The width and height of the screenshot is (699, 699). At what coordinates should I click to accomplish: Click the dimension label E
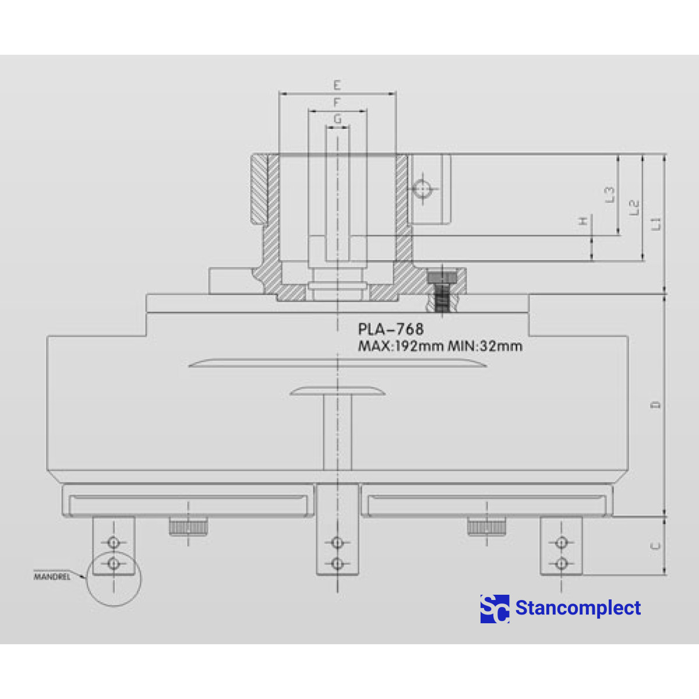(337, 85)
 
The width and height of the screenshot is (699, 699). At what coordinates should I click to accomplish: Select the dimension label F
(337, 103)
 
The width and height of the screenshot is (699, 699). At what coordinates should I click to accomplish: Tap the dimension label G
(338, 119)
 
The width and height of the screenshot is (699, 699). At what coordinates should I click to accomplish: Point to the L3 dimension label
(609, 195)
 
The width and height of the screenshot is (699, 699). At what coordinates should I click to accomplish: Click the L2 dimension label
(634, 207)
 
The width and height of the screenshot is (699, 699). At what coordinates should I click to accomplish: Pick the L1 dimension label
(656, 223)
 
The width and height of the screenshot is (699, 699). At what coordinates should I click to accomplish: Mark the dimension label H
(583, 221)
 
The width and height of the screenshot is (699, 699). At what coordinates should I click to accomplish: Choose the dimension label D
(656, 405)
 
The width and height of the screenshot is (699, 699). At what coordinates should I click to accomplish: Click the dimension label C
(656, 546)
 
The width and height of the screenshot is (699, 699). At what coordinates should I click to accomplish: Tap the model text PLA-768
(391, 329)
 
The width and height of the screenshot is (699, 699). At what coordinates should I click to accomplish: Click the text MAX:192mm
(401, 346)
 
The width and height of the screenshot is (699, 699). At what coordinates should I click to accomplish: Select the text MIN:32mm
(485, 346)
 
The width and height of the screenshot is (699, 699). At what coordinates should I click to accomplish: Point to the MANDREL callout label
(52, 577)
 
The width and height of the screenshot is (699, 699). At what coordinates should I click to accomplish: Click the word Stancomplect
(578, 608)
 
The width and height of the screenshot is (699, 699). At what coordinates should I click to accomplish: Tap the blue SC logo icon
(495, 609)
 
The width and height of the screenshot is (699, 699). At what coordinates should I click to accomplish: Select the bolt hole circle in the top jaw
(421, 189)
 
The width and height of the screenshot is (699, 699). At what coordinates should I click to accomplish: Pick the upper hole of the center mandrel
(337, 543)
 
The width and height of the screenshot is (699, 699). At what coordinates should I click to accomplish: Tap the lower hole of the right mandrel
(561, 563)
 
